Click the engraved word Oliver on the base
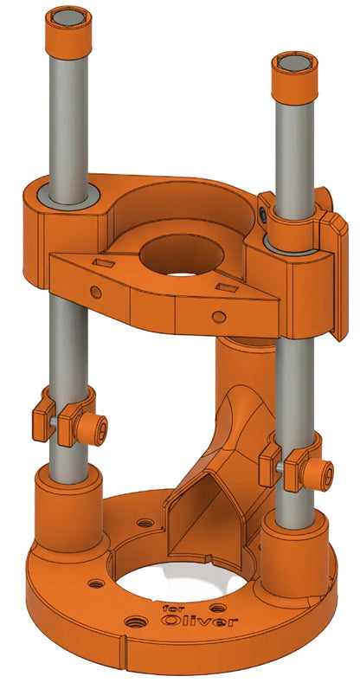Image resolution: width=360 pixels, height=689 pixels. (x=199, y=621)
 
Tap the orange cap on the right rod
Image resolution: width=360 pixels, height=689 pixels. (x=295, y=78)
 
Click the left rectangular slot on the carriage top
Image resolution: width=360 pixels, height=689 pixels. (x=105, y=264)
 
